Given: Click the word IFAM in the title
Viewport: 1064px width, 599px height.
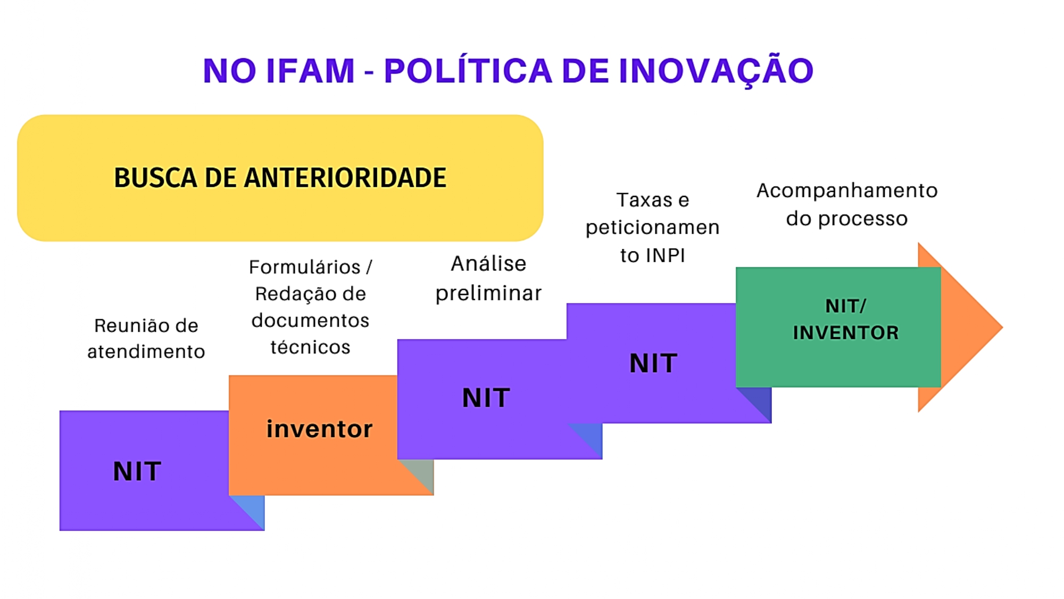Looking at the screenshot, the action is point(310,71).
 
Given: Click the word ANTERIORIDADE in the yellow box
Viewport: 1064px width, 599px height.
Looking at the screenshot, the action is point(345,178).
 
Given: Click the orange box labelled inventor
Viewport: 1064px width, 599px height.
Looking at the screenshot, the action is point(331,435).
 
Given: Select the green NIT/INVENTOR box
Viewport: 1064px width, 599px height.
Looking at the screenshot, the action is point(838,327).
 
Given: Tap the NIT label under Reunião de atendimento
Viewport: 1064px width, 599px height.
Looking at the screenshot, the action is point(137,471).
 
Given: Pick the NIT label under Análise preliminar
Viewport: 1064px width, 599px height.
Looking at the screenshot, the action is point(486,398).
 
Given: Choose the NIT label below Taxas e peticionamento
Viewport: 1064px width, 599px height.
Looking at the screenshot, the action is point(653,363).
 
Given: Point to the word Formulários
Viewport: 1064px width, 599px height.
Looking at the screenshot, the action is point(305,267).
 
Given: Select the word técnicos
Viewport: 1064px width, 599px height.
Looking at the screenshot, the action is point(311,347).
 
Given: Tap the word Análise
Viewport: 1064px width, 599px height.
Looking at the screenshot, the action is point(489,264).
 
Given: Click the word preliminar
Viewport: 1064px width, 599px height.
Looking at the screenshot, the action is point(489,293).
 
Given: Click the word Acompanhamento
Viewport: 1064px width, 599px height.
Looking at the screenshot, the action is point(847,191).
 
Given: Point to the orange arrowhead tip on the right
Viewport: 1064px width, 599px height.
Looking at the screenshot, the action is point(1003,327).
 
